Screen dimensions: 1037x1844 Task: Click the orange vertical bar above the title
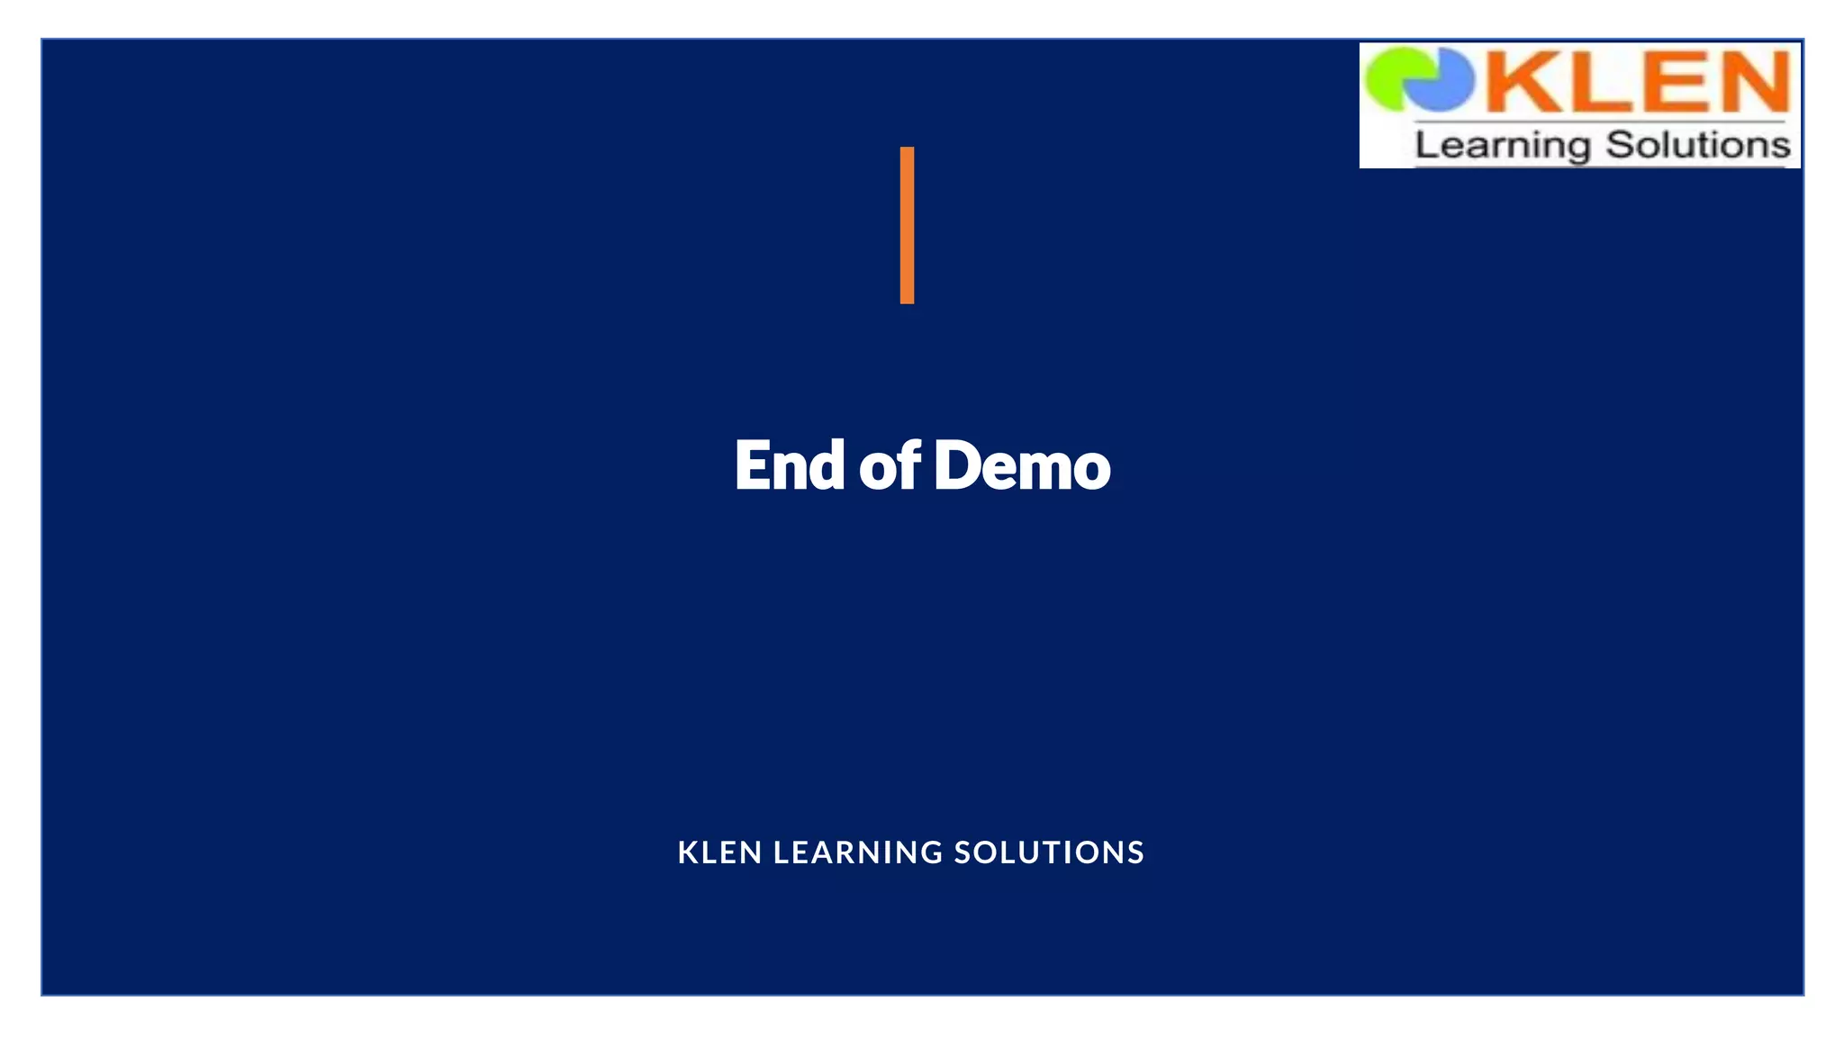coord(907,225)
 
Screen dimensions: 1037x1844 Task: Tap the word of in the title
coord(890,465)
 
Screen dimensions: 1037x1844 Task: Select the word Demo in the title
coord(1022,465)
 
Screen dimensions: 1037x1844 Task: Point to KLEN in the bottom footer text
coord(719,852)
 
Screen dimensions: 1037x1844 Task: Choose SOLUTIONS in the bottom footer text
coord(1049,852)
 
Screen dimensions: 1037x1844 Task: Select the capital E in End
coord(755,465)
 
